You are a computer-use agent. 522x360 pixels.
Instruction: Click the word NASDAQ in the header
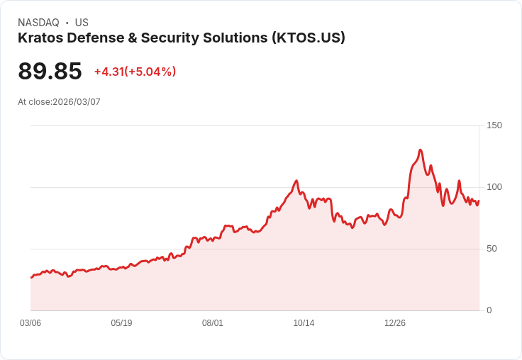pyautogui.click(x=38, y=23)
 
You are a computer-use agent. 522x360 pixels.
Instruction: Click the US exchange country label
pyautogui.click(x=82, y=23)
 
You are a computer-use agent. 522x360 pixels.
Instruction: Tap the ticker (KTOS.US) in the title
pyautogui.click(x=309, y=38)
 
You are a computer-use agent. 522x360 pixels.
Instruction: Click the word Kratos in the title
pyautogui.click(x=40, y=38)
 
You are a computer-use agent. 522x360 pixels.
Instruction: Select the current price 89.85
pyautogui.click(x=50, y=72)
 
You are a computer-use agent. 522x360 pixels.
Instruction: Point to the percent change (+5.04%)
pyautogui.click(x=150, y=72)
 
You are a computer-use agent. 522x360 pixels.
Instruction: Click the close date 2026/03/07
pyautogui.click(x=77, y=102)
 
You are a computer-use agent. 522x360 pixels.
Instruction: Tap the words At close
pyautogui.click(x=34, y=102)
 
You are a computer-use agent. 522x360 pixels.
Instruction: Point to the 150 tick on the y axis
pyautogui.click(x=494, y=125)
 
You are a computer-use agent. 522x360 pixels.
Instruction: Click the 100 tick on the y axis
pyautogui.click(x=494, y=187)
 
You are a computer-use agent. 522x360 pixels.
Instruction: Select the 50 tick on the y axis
pyautogui.click(x=492, y=249)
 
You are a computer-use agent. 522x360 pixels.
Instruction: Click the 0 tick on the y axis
pyautogui.click(x=489, y=310)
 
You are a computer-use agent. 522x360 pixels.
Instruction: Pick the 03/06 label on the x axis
pyautogui.click(x=30, y=323)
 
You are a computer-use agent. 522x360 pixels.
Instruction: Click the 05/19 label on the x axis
pyautogui.click(x=121, y=323)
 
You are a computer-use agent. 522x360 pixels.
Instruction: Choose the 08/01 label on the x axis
pyautogui.click(x=213, y=323)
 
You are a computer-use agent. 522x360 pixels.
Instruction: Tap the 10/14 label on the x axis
pyautogui.click(x=304, y=323)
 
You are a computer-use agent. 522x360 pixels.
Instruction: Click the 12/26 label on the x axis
pyautogui.click(x=395, y=323)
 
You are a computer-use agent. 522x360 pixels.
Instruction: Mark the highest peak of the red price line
pyautogui.click(x=421, y=150)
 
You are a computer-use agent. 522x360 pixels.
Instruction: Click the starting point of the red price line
pyautogui.click(x=31, y=277)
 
